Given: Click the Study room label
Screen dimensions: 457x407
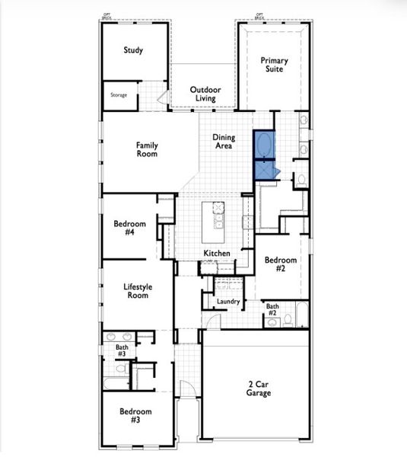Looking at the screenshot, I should pyautogui.click(x=134, y=51).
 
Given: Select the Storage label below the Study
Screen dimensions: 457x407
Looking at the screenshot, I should pyautogui.click(x=118, y=95).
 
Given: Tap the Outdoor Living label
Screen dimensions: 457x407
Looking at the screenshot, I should pyautogui.click(x=205, y=94).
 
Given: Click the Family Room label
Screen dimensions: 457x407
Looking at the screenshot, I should pyautogui.click(x=147, y=149).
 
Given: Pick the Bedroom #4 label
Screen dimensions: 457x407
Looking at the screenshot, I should pyautogui.click(x=124, y=228).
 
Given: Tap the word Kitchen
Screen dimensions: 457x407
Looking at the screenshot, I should pyautogui.click(x=216, y=253).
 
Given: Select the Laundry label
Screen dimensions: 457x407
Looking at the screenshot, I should pyautogui.click(x=228, y=302).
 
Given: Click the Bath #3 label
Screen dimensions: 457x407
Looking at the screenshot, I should pyautogui.click(x=122, y=350).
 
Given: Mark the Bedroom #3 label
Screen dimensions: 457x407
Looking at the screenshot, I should pyautogui.click(x=135, y=415).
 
